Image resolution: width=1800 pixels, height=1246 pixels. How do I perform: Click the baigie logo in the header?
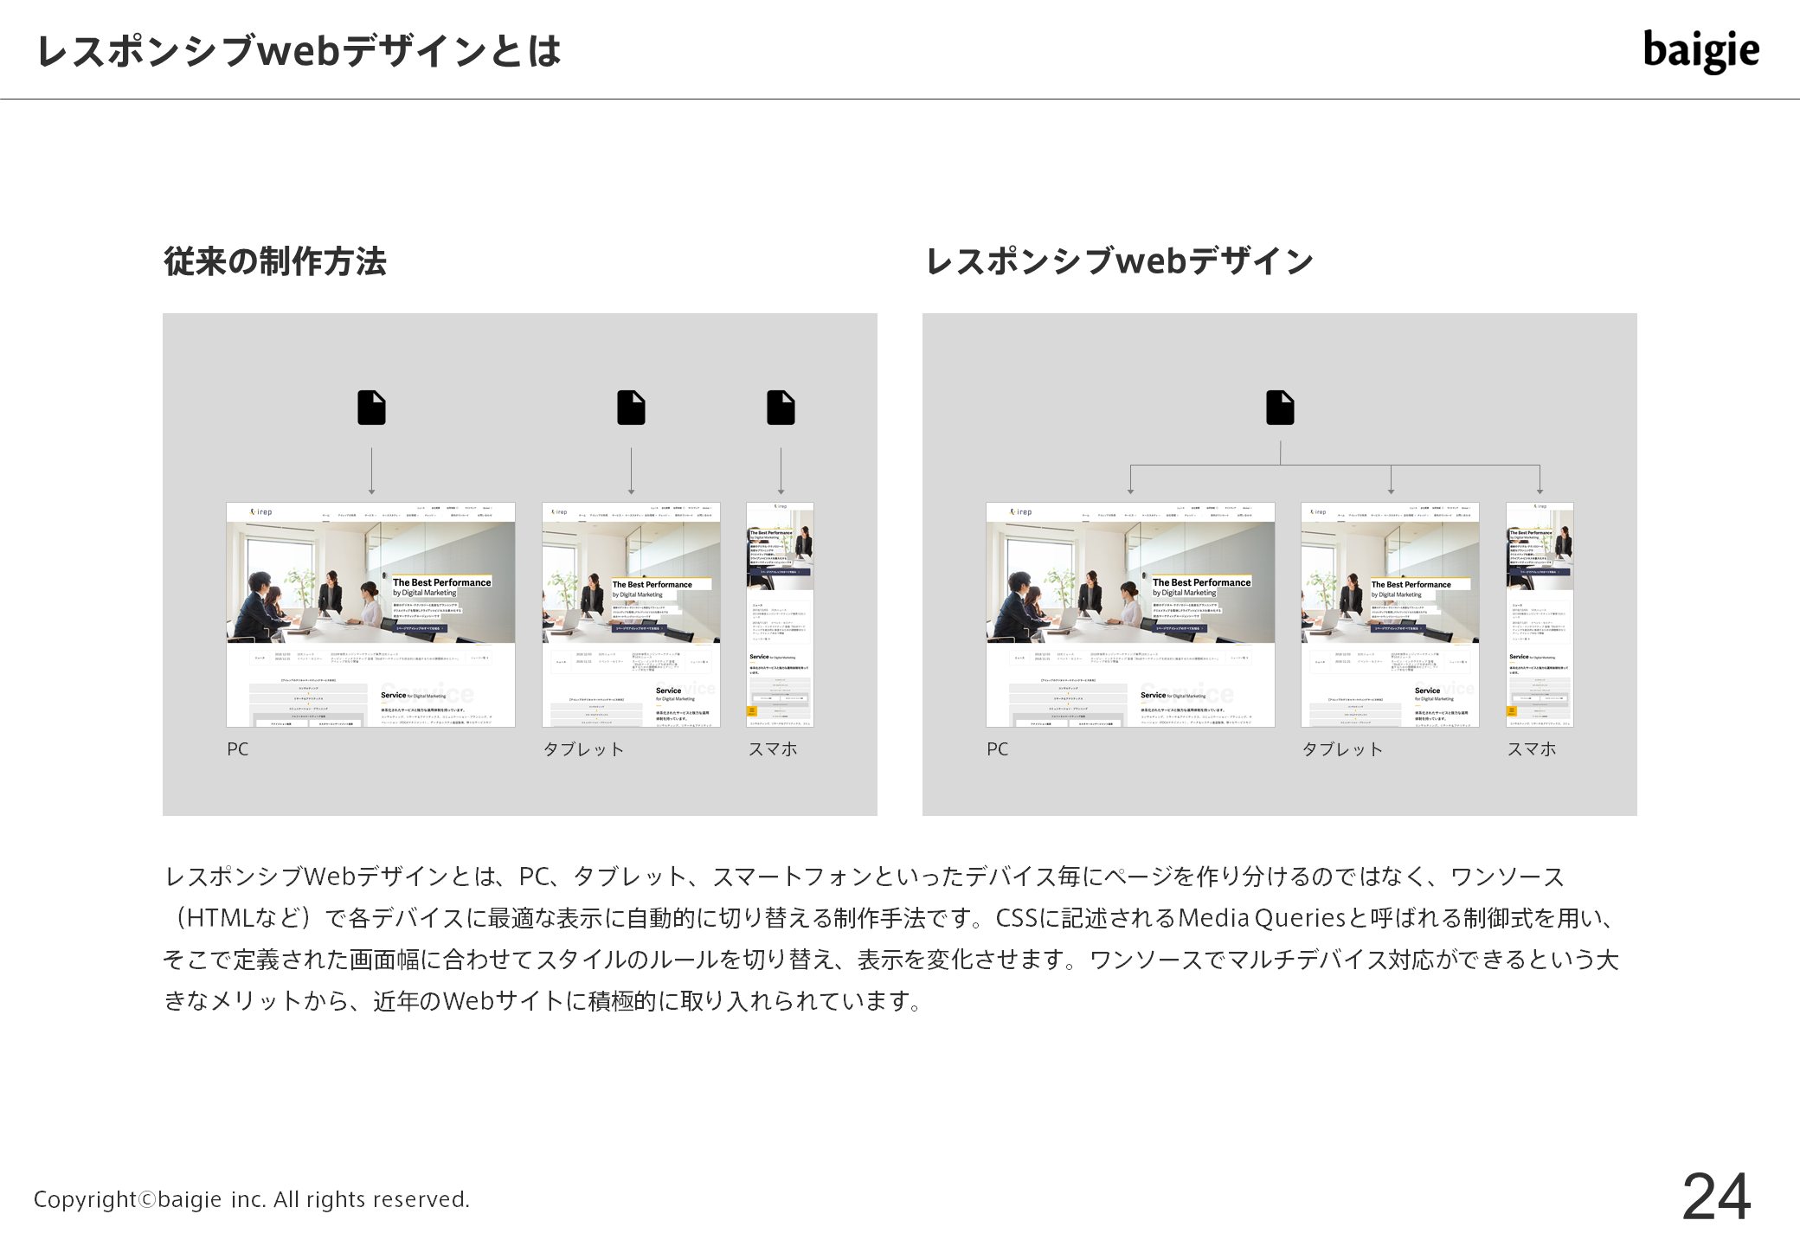[x=1700, y=50]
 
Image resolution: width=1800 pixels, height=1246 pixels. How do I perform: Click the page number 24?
[x=1716, y=1197]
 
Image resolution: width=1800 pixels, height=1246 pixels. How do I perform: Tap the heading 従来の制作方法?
[x=275, y=261]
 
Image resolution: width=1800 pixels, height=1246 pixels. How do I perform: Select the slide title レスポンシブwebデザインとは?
[x=299, y=51]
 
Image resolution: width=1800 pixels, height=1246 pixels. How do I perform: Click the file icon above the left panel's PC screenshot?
[x=371, y=408]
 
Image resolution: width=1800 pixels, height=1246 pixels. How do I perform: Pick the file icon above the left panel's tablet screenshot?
[x=631, y=408]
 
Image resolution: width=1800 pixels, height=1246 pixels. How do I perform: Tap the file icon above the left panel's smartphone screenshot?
[x=781, y=408]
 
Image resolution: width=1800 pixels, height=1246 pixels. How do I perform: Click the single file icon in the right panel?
[x=1280, y=408]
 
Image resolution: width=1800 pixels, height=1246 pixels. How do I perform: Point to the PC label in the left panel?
[x=238, y=749]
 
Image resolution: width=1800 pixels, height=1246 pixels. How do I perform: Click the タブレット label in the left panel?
[x=583, y=749]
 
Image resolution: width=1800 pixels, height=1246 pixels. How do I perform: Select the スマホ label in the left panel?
[x=773, y=749]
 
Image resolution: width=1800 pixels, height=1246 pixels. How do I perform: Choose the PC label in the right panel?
[x=998, y=749]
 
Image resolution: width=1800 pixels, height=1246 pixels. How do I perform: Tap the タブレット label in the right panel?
[x=1342, y=749]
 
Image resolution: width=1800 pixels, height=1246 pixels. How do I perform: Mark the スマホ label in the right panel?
[x=1532, y=749]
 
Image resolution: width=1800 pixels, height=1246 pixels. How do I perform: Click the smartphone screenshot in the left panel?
[x=780, y=614]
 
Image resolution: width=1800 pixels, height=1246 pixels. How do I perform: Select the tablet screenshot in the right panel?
[x=1390, y=614]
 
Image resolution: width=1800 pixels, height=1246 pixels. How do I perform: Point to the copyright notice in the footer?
[x=252, y=1199]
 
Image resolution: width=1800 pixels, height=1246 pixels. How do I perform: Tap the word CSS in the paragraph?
[x=1017, y=918]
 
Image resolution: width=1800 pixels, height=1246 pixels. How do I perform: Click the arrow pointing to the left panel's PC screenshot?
[x=372, y=472]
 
